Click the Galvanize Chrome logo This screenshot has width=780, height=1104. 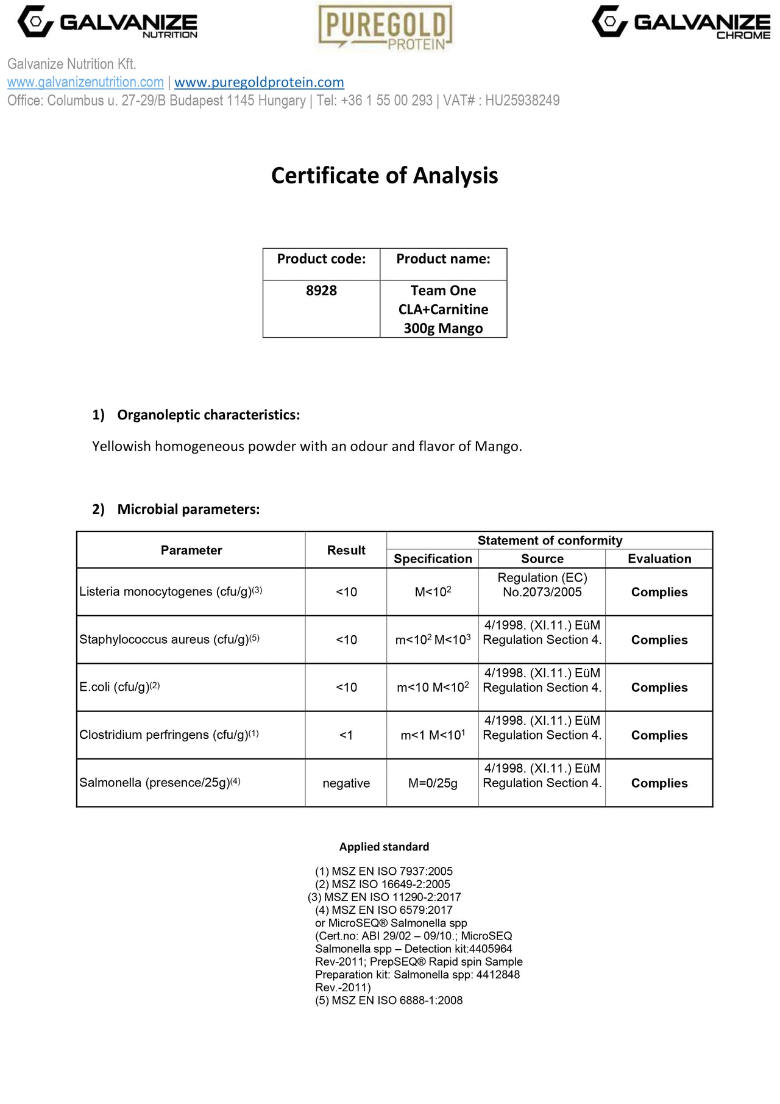click(x=681, y=23)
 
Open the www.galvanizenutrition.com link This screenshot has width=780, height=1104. click(x=85, y=82)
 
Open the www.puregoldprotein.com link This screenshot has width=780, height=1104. click(x=259, y=82)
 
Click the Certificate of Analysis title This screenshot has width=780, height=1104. click(x=385, y=176)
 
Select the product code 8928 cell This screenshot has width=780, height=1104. click(x=321, y=291)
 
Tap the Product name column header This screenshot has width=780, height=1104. click(x=443, y=259)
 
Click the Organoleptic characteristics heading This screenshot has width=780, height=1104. click(x=208, y=415)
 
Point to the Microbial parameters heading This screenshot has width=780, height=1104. click(x=188, y=510)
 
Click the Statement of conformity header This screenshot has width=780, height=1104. click(x=550, y=541)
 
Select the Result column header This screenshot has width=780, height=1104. click(x=346, y=550)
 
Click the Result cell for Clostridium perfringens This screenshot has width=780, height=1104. click(x=346, y=735)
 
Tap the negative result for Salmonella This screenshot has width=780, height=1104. click(x=346, y=783)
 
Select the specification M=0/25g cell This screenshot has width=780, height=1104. click(x=433, y=783)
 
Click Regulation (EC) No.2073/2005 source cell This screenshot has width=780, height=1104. click(x=542, y=585)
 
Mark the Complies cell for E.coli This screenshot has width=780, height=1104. click(x=659, y=688)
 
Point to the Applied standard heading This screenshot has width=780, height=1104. click(x=384, y=847)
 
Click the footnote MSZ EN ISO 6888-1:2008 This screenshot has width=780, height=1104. click(x=389, y=1000)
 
